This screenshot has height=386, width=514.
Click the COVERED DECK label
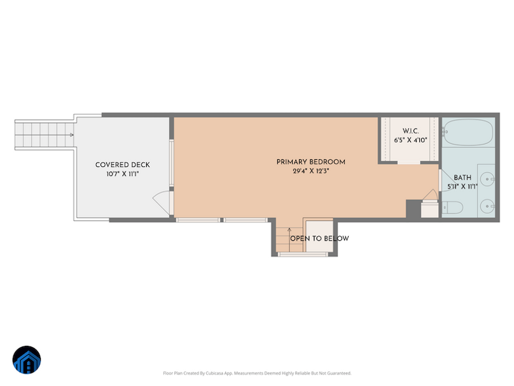(x=123, y=165)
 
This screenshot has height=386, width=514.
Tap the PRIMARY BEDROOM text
(x=310, y=162)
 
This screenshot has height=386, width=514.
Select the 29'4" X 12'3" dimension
(x=310, y=171)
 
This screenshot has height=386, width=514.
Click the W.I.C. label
(x=410, y=131)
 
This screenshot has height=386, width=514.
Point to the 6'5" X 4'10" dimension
(x=410, y=139)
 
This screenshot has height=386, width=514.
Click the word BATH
(x=462, y=178)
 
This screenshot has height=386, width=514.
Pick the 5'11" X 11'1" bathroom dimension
(x=462, y=187)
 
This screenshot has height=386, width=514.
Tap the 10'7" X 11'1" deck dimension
(x=123, y=174)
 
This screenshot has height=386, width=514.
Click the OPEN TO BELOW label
(x=319, y=239)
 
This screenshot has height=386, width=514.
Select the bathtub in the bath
(x=468, y=133)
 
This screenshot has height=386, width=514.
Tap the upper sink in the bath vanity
(x=489, y=180)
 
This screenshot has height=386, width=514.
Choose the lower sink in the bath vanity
(x=489, y=206)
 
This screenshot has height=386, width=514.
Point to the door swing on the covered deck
(x=163, y=202)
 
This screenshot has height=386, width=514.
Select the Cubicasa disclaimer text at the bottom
(x=257, y=373)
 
